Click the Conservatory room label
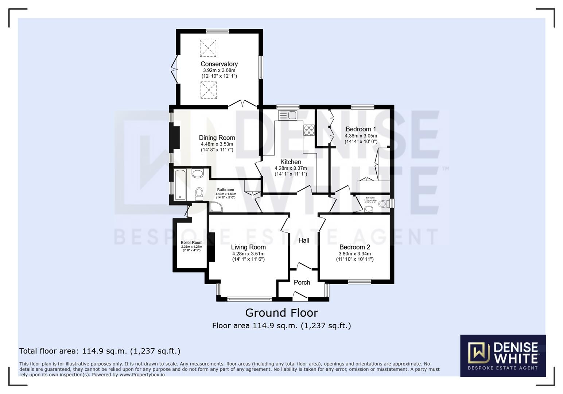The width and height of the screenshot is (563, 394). click(219, 64)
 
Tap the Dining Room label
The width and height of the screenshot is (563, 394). click(217, 138)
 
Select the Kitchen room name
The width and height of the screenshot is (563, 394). click(291, 162)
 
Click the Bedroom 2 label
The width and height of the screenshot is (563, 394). click(354, 247)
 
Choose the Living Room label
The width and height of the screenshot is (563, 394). click(248, 247)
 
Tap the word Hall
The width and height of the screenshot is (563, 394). click(304, 240)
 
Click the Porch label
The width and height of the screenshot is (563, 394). click(302, 282)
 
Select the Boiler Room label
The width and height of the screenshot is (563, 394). click(191, 243)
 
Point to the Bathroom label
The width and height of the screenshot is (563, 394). click(226, 190)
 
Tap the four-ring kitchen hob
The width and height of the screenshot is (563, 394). click(309, 130)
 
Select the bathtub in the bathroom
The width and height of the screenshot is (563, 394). click(180, 185)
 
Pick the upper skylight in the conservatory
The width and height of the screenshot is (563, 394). click(208, 48)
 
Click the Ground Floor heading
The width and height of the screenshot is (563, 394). click(281, 313)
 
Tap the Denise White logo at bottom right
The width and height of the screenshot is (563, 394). click(503, 356)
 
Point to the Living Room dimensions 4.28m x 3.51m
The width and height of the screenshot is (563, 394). click(248, 254)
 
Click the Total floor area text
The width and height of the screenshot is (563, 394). click(100, 351)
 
